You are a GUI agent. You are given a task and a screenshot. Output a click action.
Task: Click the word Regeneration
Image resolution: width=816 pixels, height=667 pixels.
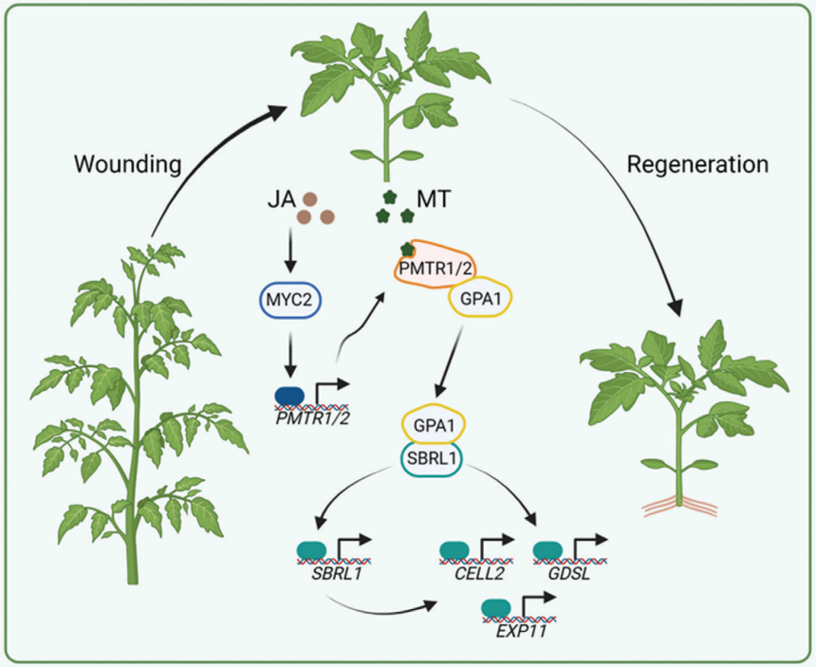coord(697,165)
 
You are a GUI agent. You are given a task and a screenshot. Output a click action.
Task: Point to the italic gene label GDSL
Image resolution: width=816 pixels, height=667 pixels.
coord(562,578)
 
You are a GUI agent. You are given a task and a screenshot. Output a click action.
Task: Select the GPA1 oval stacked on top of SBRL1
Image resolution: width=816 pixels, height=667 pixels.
coord(436,423)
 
